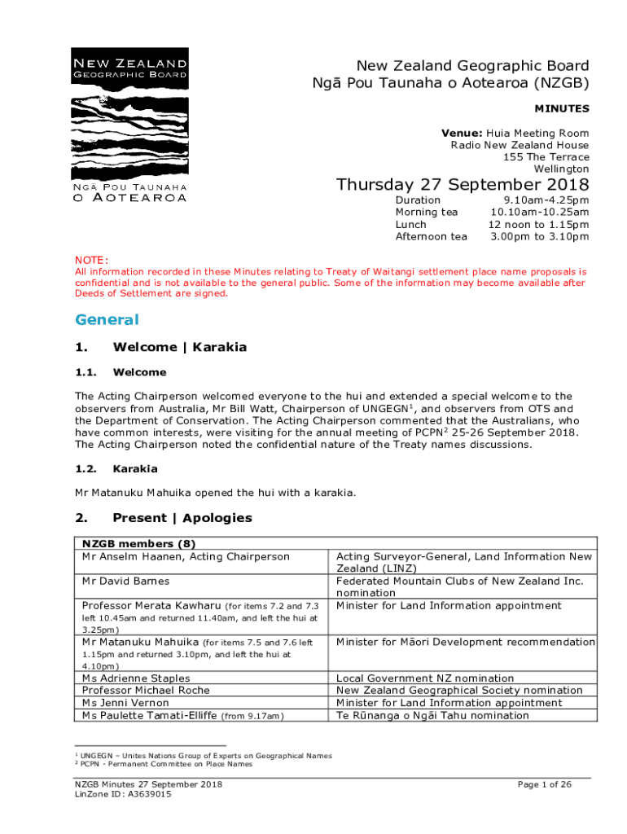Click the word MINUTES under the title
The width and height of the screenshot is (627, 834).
point(562,108)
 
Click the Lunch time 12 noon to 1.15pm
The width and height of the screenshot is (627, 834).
point(538,225)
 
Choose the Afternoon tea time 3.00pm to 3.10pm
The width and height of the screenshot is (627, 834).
point(540,237)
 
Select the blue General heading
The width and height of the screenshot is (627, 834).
point(107,320)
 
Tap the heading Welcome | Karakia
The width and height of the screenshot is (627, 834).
point(179,347)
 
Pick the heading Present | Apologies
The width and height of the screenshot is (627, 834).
point(182,518)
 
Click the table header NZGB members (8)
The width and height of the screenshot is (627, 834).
point(139,544)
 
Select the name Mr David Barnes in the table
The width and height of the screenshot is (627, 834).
point(126,582)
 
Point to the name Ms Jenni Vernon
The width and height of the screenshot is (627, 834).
point(125,703)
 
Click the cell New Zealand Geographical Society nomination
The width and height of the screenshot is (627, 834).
point(459,691)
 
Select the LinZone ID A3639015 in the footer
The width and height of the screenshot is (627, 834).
point(123,794)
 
